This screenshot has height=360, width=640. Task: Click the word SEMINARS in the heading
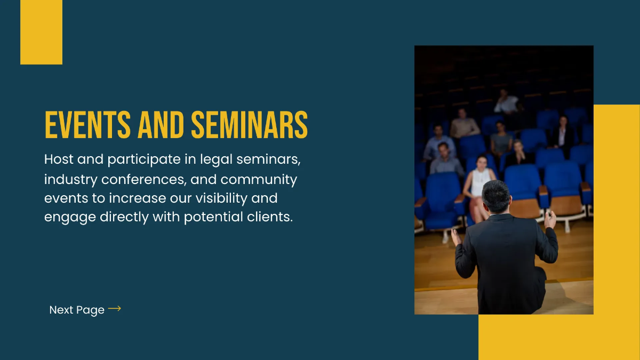coord(249,125)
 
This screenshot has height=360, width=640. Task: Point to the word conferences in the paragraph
coord(141,179)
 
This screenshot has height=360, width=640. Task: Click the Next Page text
coord(77,310)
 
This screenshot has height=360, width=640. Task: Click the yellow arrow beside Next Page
coord(114,309)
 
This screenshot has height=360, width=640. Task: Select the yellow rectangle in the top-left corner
coord(41,32)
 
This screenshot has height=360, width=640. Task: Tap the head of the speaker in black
coord(497,195)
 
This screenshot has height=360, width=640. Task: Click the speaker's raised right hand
coord(550,219)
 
